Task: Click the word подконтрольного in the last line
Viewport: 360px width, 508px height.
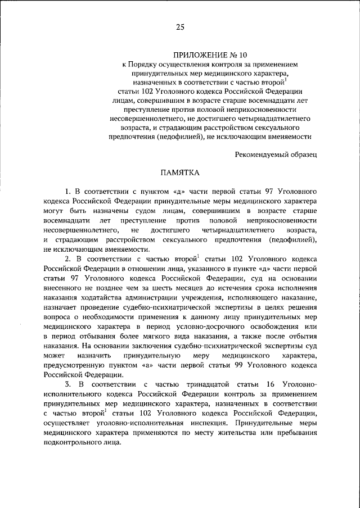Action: [71, 442]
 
